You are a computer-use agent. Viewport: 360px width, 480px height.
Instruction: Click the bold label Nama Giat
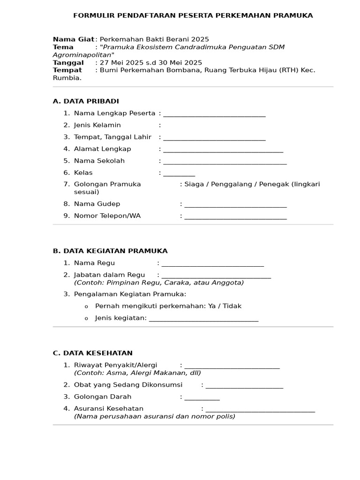point(73,39)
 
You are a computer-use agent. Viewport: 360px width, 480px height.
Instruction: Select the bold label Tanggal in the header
point(68,63)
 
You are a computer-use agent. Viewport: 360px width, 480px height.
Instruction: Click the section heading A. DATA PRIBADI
point(86,101)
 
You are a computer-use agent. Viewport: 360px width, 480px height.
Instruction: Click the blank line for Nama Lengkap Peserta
point(214,114)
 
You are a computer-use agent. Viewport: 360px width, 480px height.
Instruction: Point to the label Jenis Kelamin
point(97,125)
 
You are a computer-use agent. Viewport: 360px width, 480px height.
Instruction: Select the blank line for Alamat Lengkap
point(223,150)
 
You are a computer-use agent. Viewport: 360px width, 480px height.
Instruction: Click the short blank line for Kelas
point(179,174)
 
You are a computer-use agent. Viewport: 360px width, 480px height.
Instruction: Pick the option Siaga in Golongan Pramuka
point(194,184)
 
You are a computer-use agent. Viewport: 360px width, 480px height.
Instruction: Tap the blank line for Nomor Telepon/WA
point(235,217)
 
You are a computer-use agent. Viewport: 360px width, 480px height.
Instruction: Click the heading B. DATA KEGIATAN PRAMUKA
point(110,251)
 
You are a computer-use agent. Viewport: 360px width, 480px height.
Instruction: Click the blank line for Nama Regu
point(212,264)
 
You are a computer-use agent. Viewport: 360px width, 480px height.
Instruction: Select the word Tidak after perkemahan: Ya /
point(232,306)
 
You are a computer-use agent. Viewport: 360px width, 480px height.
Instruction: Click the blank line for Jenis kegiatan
point(203,320)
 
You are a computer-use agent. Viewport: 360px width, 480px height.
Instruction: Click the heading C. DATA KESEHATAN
point(93,353)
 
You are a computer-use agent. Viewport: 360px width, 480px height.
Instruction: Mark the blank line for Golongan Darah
point(202,398)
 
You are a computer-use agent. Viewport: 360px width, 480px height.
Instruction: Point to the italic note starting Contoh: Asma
point(137,373)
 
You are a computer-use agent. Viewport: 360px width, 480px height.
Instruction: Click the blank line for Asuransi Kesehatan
point(260,410)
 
